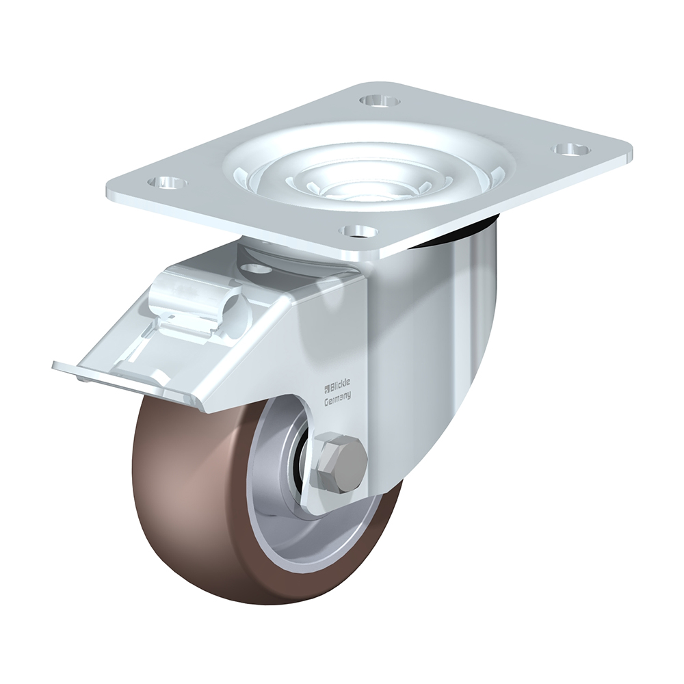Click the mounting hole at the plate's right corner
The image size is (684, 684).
(571, 150)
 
